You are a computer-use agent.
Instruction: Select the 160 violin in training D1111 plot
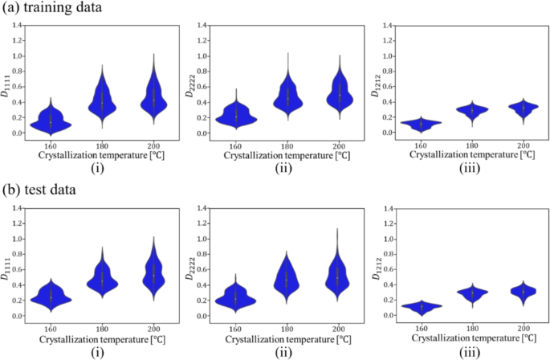click(x=51, y=121)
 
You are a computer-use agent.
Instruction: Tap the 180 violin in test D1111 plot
click(x=101, y=280)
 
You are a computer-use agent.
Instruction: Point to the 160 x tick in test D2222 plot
click(x=235, y=329)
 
